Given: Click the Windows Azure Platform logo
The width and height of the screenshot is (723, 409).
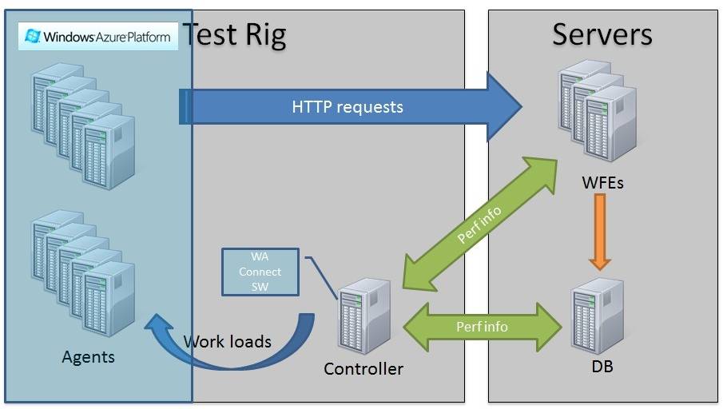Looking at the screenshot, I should pyautogui.click(x=98, y=36).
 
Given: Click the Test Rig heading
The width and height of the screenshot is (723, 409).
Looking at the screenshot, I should pyautogui.click(x=234, y=34).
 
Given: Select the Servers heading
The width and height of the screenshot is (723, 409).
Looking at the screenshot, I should pyautogui.click(x=602, y=34).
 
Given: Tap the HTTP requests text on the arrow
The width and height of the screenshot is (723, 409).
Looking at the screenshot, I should pyautogui.click(x=347, y=106).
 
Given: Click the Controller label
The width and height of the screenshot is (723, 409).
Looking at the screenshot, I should pyautogui.click(x=363, y=369).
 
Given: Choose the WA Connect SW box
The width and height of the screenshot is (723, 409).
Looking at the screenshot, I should pyautogui.click(x=260, y=272).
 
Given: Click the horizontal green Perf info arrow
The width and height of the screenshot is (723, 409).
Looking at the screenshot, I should pyautogui.click(x=482, y=326).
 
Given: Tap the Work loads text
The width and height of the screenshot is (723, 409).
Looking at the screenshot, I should pyautogui.click(x=228, y=342).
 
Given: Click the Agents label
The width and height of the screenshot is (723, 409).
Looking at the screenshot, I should pyautogui.click(x=88, y=357).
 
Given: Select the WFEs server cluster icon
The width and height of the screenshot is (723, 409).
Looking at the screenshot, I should pyautogui.click(x=598, y=112).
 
